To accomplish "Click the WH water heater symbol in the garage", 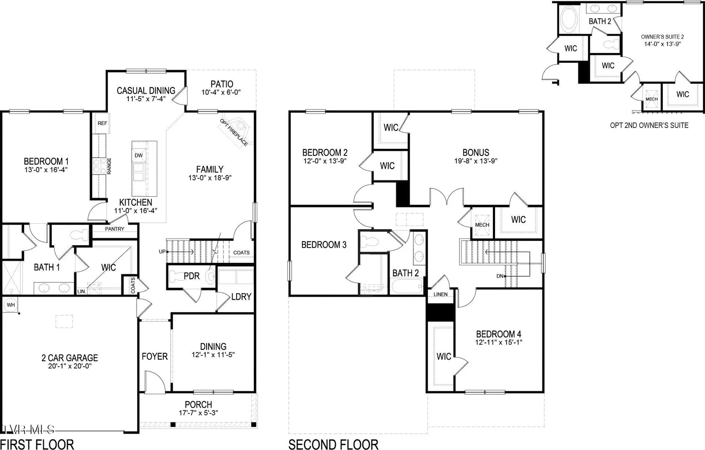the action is coord(11,305).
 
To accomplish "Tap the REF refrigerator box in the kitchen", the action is coord(102,123).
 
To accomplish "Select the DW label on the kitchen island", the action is coord(138,155).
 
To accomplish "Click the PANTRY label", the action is coord(115,229).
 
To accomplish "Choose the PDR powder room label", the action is coord(192,276).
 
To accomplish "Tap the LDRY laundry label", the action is coord(241,297).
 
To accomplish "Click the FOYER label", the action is coord(155,357).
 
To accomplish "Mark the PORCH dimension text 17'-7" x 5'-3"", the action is coord(198,412).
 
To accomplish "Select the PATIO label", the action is coord(222,84).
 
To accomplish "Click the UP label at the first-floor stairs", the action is coord(162,252).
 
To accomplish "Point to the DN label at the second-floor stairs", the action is coord(500,276).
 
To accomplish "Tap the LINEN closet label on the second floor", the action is coord(440,294).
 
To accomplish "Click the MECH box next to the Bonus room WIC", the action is coord(482,225).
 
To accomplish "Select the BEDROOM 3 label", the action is coord(324,245).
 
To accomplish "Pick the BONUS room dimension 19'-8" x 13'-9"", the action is coord(476,161).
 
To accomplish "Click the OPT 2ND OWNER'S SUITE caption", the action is coord(649,125).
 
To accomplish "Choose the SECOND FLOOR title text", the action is coord(333,445).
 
